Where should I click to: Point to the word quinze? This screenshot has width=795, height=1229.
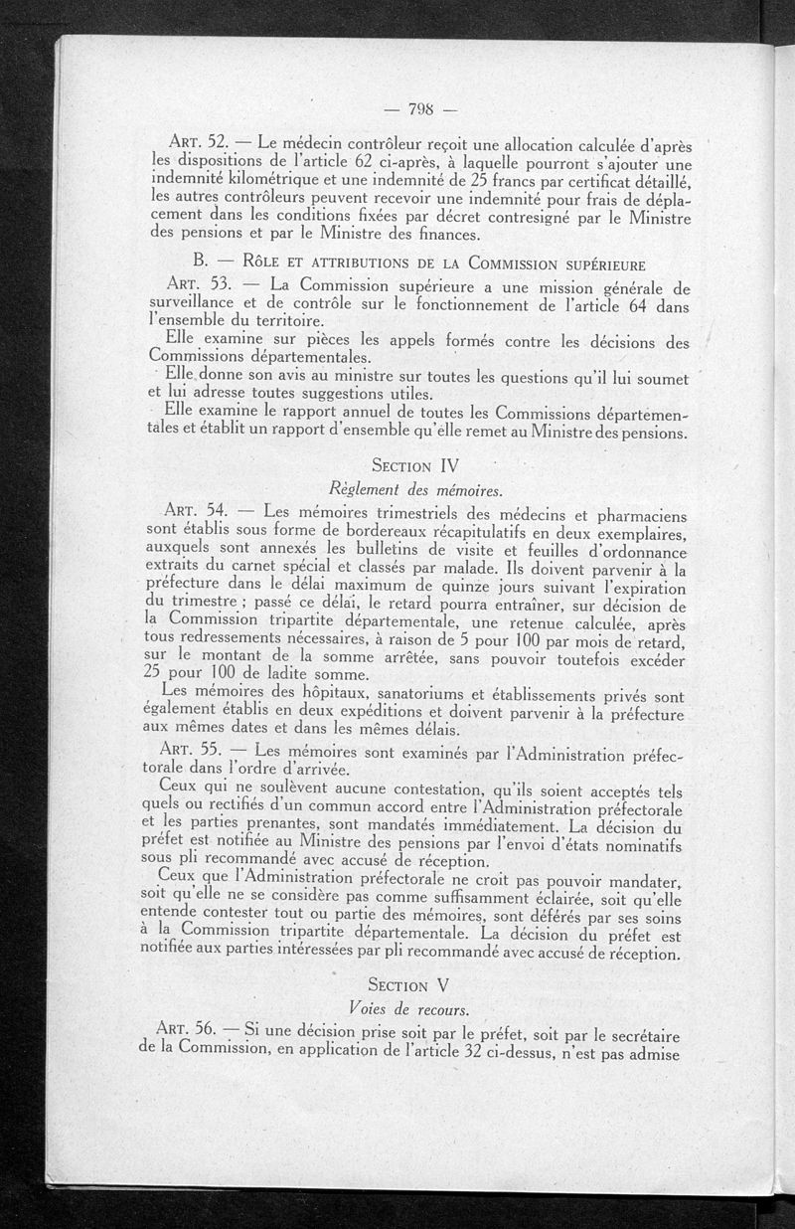(453, 587)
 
